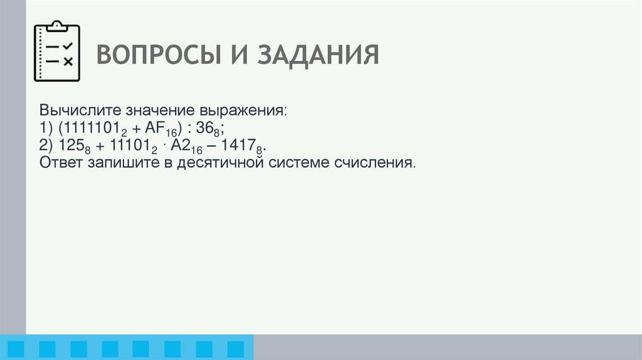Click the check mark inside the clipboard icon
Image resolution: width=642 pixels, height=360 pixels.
68,46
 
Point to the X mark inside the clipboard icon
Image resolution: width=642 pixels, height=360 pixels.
68,61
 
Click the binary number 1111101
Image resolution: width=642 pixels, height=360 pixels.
89,128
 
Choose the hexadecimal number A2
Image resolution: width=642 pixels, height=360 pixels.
177,146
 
